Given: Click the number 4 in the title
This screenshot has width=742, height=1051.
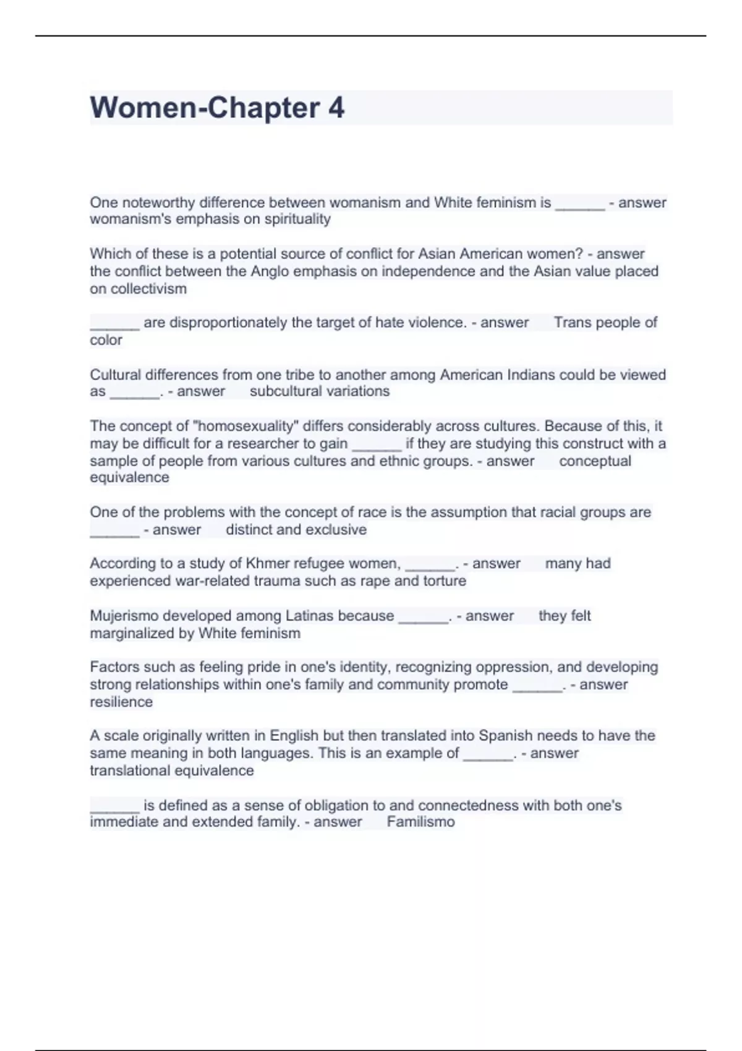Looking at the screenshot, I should coord(336,108).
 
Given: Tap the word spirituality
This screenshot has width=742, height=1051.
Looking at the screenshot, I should coord(297,219).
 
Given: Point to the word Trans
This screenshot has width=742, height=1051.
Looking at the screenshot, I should coord(572,322).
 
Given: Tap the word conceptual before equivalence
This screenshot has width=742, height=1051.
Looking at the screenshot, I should coord(595,461).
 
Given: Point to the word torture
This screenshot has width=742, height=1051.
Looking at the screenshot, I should coord(445,581).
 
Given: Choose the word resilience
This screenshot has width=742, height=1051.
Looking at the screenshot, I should coord(121,702).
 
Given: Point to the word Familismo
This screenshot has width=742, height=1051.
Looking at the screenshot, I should coord(420,822).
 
